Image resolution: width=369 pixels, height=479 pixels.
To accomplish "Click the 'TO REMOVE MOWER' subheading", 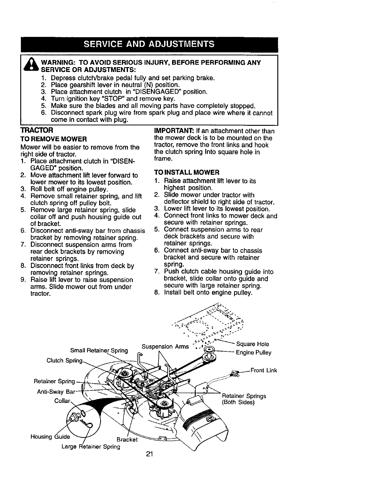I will pyautogui.click(x=54, y=139).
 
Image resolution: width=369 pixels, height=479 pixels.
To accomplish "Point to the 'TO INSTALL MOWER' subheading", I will pyautogui.click(x=187, y=172).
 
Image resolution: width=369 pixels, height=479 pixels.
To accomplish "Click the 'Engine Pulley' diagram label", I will pyautogui.click(x=253, y=353).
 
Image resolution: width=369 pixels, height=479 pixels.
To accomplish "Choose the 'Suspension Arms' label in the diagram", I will pyautogui.click(x=165, y=347).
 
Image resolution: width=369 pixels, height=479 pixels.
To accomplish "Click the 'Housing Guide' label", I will pyautogui.click(x=50, y=437).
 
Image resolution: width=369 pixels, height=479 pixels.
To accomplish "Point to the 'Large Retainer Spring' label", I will pyautogui.click(x=91, y=446).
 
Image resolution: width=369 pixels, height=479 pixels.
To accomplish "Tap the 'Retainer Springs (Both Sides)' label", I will pyautogui.click(x=244, y=399).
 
